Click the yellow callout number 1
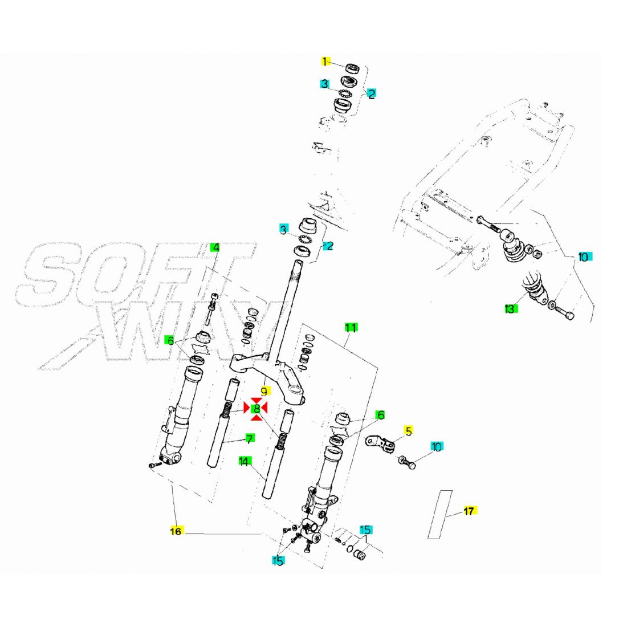[x=325, y=62]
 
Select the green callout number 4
[x=215, y=247]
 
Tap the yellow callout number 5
[x=408, y=430]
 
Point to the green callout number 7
[x=249, y=438]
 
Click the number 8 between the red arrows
[x=256, y=408]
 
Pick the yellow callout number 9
[x=264, y=392]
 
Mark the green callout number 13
[x=510, y=309]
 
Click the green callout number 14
[x=244, y=461]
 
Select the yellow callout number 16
[x=176, y=531]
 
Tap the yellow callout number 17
[x=469, y=511]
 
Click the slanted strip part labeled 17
[x=440, y=514]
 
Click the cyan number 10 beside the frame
[x=583, y=257]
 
